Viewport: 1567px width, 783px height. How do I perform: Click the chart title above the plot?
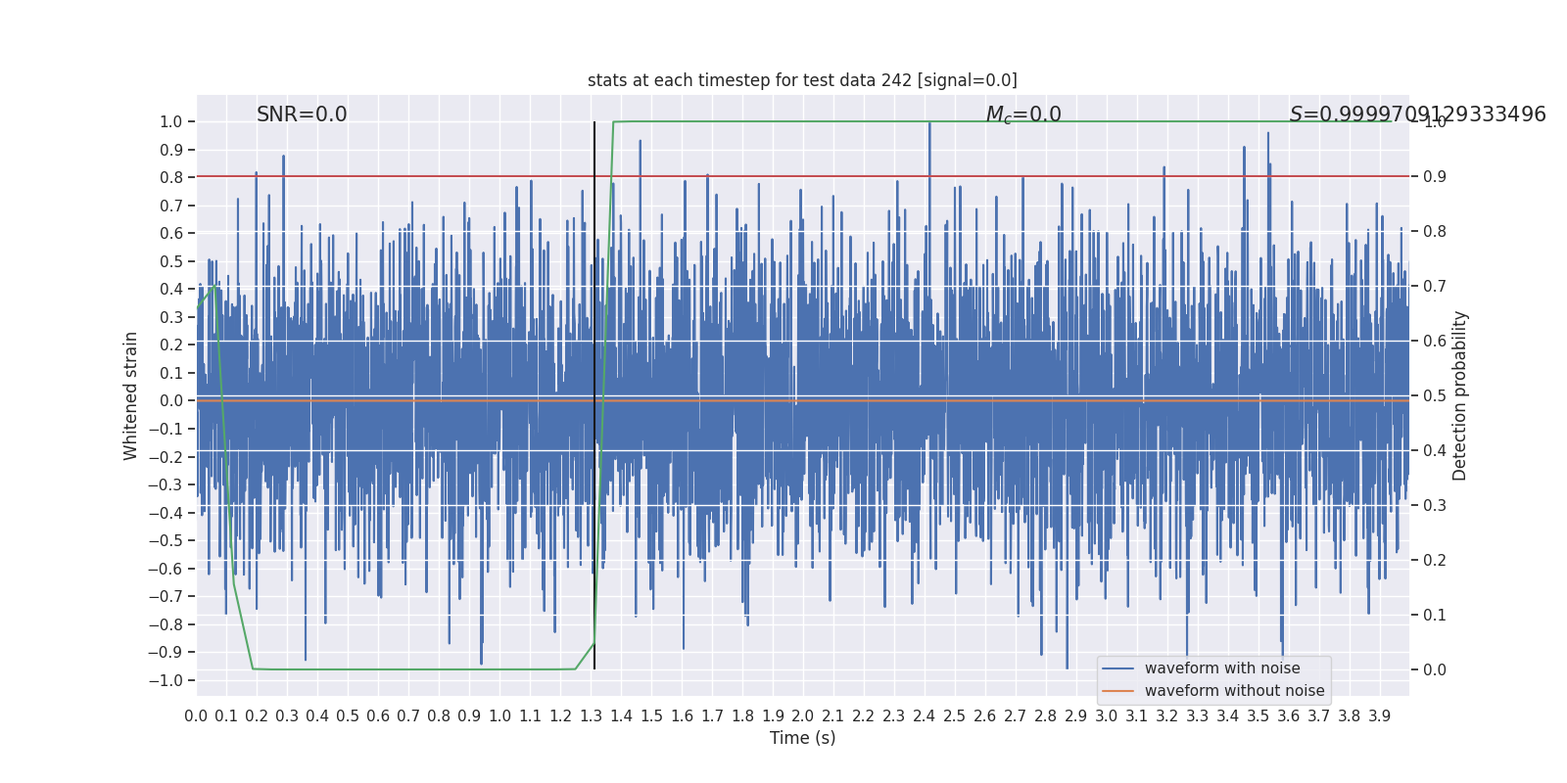click(x=802, y=80)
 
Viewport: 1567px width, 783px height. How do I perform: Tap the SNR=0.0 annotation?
click(x=302, y=115)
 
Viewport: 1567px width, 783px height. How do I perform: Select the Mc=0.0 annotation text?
click(x=1023, y=115)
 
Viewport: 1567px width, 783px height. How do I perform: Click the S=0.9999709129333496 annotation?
click(x=1417, y=115)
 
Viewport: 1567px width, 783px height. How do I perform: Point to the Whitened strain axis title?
click(x=131, y=395)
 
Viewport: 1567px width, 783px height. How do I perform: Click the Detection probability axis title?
click(x=1460, y=395)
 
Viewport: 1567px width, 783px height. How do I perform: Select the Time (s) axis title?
click(x=802, y=738)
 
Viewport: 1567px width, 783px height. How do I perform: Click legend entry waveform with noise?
click(x=1222, y=668)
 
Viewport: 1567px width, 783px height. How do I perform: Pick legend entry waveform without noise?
click(x=1234, y=691)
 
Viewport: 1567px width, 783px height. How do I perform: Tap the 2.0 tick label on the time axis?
click(x=803, y=716)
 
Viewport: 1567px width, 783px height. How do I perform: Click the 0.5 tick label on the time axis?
click(x=348, y=716)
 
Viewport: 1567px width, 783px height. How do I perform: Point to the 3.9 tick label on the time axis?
click(x=1379, y=716)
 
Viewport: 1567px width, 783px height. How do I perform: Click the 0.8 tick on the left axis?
click(x=171, y=177)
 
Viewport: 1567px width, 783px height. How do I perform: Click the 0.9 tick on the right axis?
click(x=1435, y=176)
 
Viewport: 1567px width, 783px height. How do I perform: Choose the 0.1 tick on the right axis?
click(x=1435, y=615)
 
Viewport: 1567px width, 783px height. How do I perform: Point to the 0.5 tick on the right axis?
click(x=1435, y=395)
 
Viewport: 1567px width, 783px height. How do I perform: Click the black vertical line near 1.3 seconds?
click(x=594, y=391)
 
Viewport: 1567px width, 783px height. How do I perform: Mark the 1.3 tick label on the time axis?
click(x=591, y=716)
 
